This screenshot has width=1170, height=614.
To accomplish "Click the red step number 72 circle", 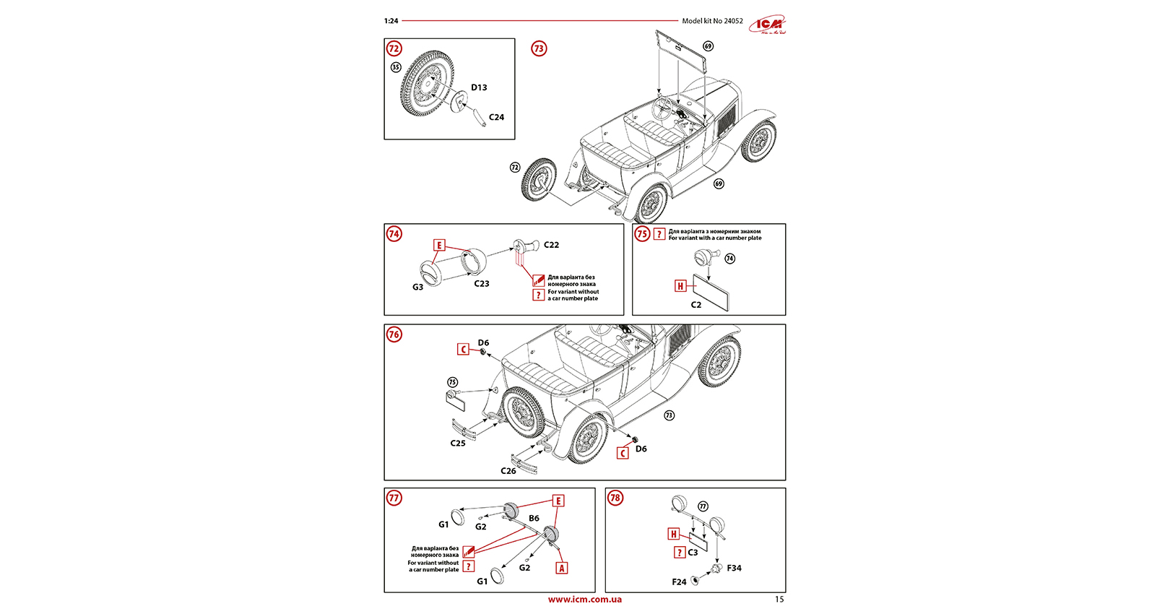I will (394, 48).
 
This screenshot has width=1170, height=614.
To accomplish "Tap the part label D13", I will (479, 87).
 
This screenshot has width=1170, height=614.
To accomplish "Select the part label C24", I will (496, 117).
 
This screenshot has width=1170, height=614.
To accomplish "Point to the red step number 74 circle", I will (394, 234).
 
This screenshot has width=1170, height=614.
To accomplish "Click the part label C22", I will (551, 245).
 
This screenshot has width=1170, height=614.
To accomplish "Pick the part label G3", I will (417, 287).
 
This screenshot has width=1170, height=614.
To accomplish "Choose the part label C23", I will (482, 284).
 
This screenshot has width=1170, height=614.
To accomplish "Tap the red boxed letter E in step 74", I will (438, 246).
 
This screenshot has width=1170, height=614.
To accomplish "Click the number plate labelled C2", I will (711, 293).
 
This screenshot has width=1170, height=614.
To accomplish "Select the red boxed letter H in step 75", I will (680, 286).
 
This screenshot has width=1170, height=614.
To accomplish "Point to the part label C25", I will (458, 444).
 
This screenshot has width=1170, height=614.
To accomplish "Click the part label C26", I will (508, 471).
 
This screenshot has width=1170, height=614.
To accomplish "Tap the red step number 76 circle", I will (394, 334).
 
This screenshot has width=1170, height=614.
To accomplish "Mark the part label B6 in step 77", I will (534, 518).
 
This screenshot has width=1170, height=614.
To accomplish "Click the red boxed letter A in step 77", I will (562, 568).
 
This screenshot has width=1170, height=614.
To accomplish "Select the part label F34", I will (734, 568).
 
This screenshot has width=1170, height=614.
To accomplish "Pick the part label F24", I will (679, 581).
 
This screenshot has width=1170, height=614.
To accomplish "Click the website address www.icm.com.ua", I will (584, 600).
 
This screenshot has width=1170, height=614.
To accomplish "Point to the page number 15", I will (779, 600).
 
